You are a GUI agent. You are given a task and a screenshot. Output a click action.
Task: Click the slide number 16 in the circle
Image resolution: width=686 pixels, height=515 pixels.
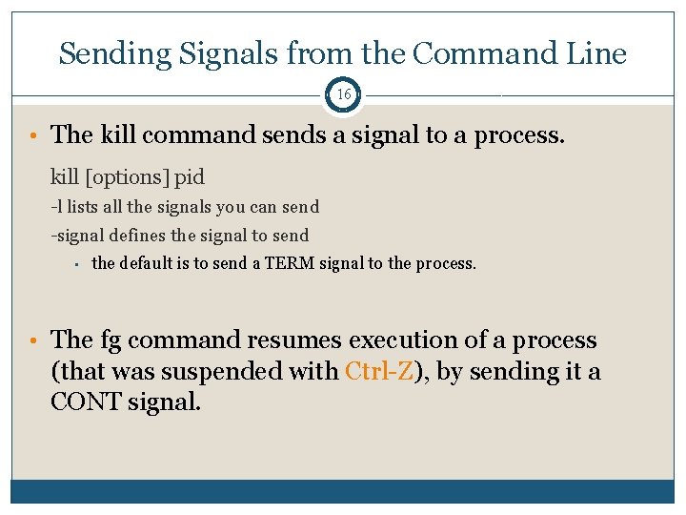click(343, 95)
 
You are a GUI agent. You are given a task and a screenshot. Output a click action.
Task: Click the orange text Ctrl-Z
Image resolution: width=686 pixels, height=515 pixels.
click(380, 371)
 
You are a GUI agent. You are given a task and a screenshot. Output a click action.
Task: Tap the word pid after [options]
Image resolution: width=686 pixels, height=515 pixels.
click(189, 177)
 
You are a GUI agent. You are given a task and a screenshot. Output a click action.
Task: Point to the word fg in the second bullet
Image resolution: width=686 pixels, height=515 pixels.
click(110, 340)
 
